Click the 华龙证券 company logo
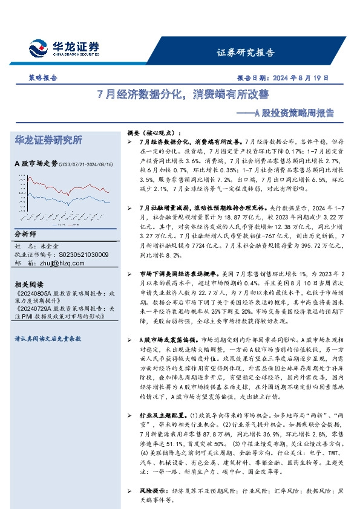point(64,48)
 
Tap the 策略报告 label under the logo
point(43,78)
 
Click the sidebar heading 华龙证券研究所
point(48,141)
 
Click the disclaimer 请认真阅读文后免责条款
point(48,339)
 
